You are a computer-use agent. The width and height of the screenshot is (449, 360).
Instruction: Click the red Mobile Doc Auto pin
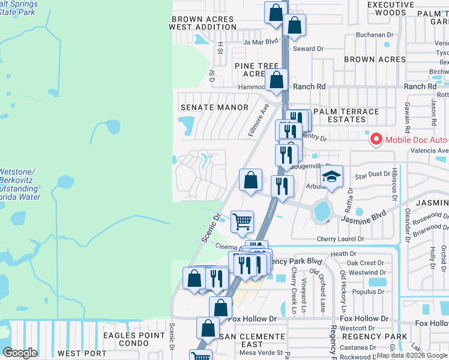click(x=376, y=139)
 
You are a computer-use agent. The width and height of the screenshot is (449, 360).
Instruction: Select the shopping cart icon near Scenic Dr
click(x=242, y=222)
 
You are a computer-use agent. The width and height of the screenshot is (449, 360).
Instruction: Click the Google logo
click(x=20, y=353)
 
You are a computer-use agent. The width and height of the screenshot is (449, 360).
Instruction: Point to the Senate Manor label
click(x=214, y=107)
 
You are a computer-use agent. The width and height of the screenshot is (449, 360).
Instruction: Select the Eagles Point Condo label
click(x=133, y=340)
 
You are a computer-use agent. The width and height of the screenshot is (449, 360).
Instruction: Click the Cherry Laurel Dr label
click(x=340, y=239)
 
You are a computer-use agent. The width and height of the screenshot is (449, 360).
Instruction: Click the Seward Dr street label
click(x=309, y=49)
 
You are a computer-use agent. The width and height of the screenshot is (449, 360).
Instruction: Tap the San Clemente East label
click(x=252, y=340)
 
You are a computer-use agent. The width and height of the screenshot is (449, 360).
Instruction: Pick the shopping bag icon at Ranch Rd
click(x=277, y=80)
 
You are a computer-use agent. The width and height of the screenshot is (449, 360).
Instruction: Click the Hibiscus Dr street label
click(x=394, y=184)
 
